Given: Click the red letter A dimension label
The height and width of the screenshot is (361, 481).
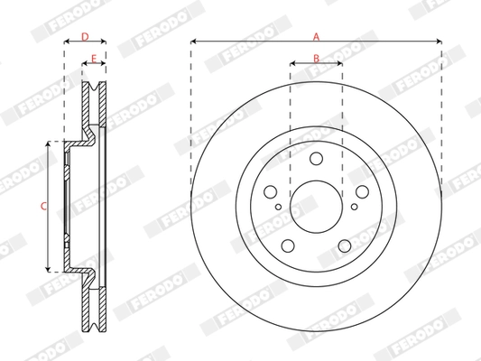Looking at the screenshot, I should click(x=316, y=35).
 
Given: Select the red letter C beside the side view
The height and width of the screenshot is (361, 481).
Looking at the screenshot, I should click(x=43, y=207).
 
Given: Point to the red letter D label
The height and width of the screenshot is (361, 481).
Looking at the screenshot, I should click(x=85, y=36).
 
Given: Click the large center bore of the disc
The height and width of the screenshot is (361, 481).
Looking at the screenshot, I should click(x=316, y=206).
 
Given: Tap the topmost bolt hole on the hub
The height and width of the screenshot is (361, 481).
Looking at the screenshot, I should click(x=316, y=159).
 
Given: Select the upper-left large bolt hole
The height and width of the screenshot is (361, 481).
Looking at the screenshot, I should click(x=271, y=191).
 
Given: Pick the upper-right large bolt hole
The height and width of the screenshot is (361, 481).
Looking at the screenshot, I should click(x=361, y=191).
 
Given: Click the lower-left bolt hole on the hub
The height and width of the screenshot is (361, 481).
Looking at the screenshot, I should click(x=288, y=245).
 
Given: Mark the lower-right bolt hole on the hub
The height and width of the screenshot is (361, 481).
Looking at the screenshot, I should click(x=344, y=245).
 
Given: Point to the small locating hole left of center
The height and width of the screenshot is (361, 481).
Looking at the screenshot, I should click(x=279, y=210).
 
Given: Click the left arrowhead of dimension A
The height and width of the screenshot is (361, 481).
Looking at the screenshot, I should click(x=194, y=42).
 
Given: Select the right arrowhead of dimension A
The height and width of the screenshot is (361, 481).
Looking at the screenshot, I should click(x=439, y=42).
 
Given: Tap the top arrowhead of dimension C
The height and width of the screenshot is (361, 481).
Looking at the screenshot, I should click(x=48, y=145).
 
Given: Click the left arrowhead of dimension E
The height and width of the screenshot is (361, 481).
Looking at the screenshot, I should click(x=85, y=64).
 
